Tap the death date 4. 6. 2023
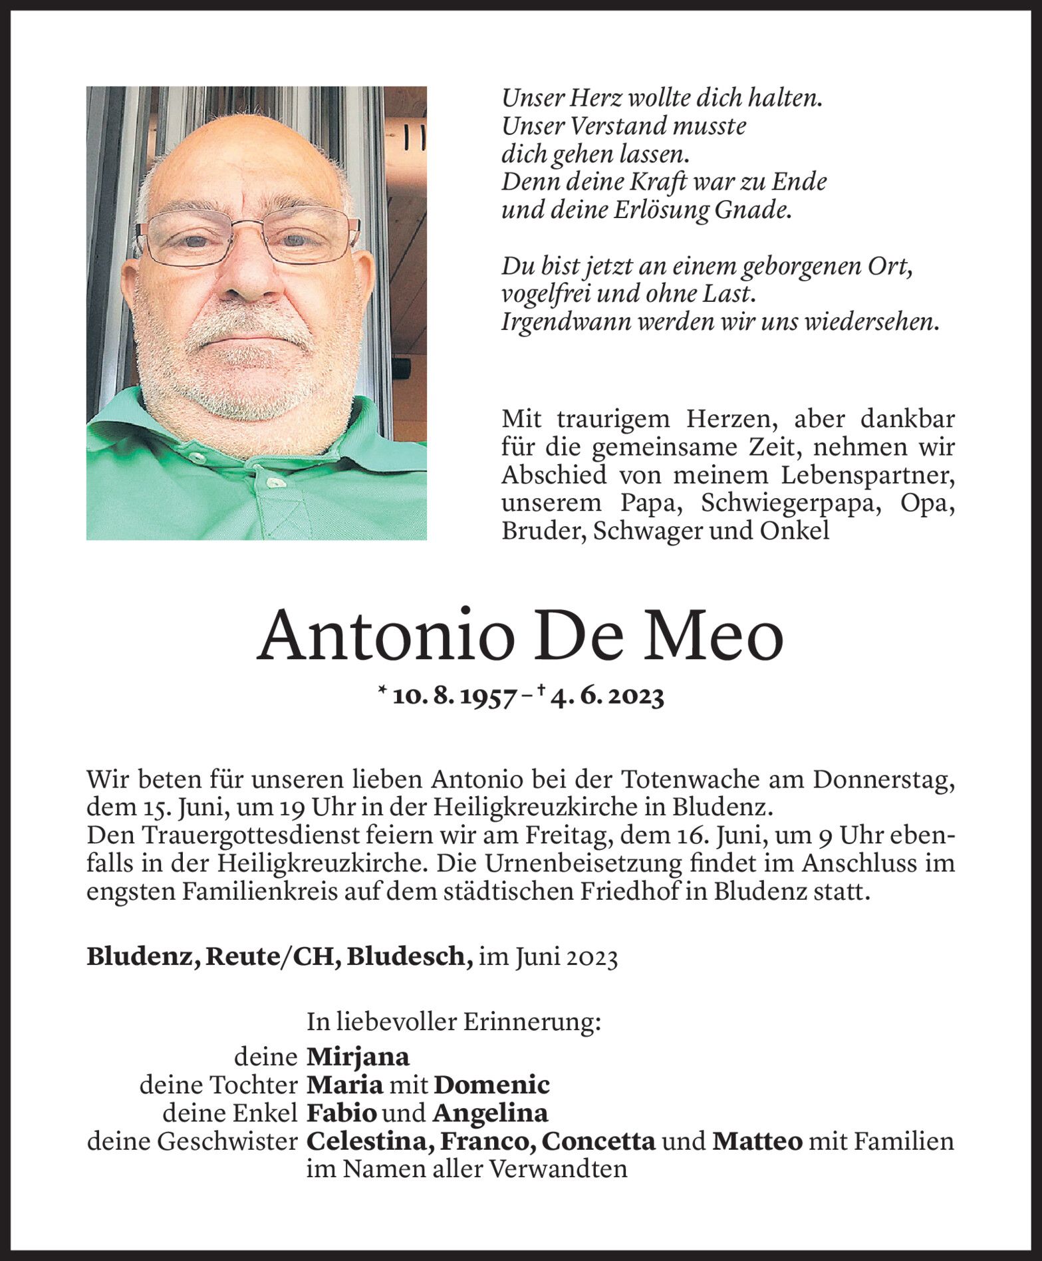point(606,697)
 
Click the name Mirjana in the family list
point(357,1056)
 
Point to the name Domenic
point(491,1085)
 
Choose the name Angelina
point(490,1113)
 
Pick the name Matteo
point(757,1141)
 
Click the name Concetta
point(598,1141)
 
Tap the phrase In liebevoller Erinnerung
point(453,1022)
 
